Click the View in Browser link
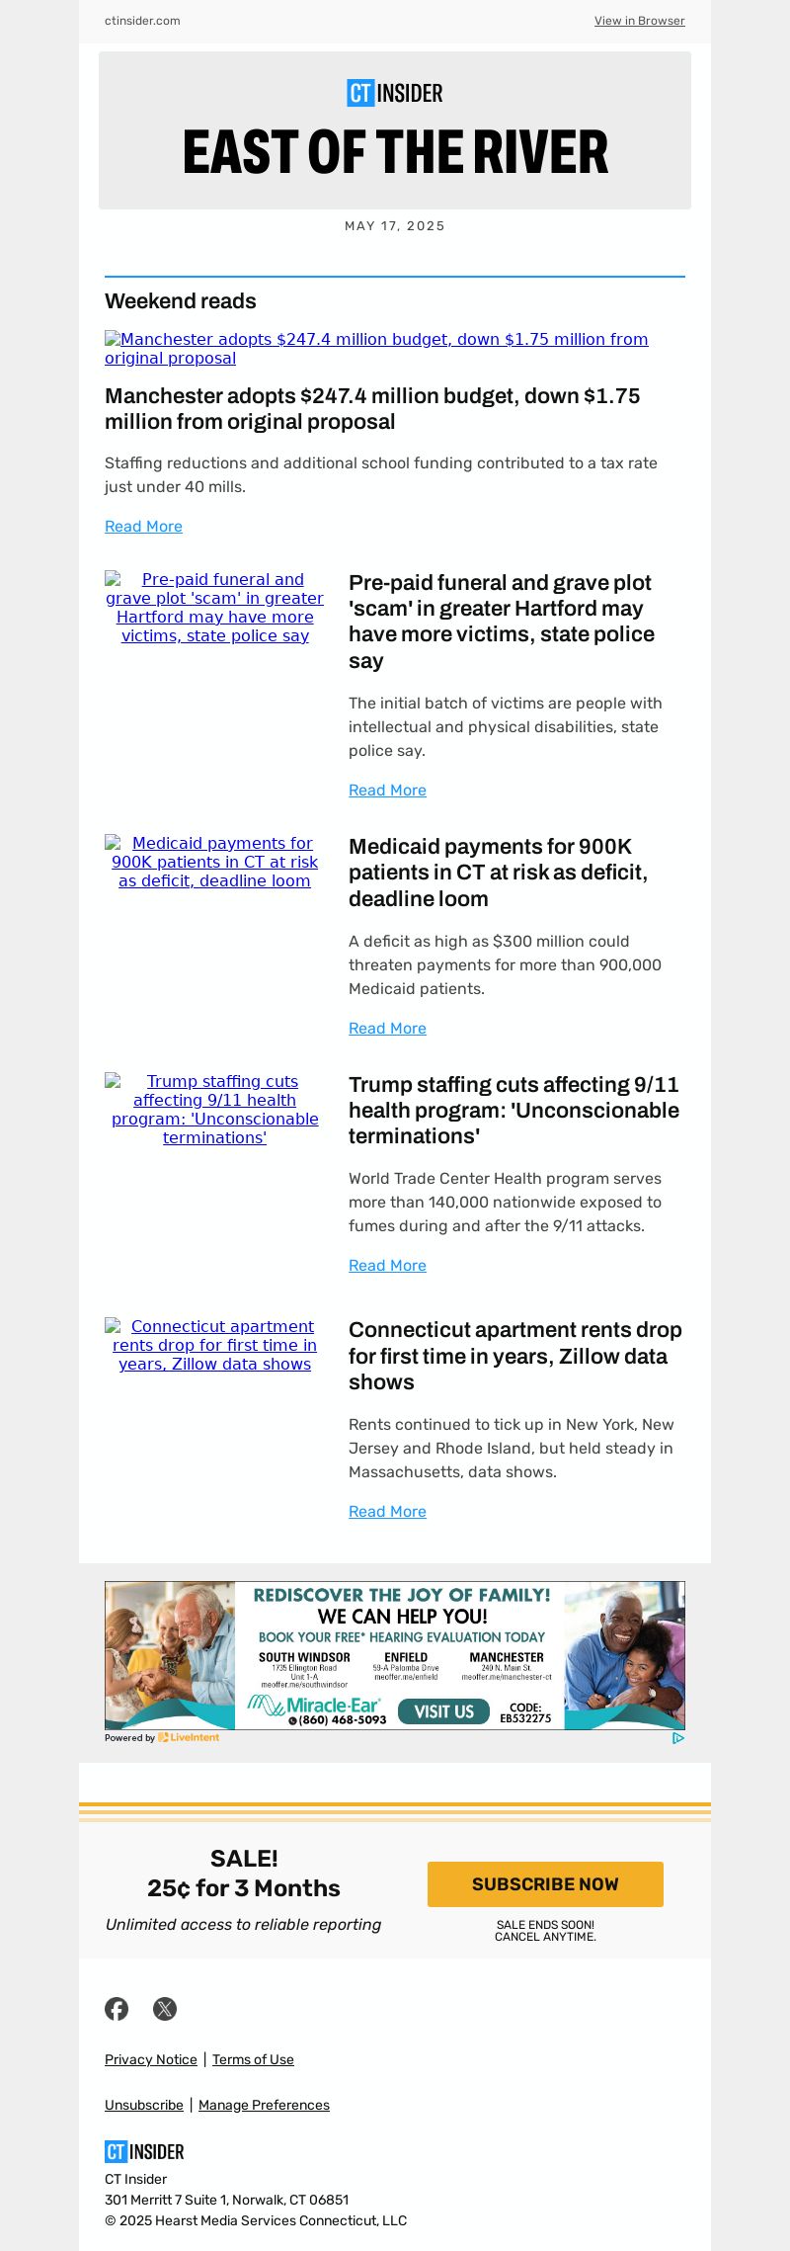(639, 21)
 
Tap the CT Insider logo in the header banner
(395, 93)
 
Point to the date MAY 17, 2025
(395, 226)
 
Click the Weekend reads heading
(181, 301)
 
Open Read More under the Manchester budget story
(143, 527)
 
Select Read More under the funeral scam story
(387, 791)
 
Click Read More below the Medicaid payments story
(387, 1029)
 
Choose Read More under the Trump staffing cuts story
(387, 1266)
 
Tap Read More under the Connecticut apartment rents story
(387, 1512)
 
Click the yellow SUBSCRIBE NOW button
(545, 1884)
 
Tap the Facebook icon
(117, 2009)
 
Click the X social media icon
(165, 2009)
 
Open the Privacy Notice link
(151, 2059)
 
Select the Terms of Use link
(253, 2059)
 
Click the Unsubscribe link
(144, 2105)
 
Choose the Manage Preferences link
(264, 2105)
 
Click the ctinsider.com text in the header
(142, 21)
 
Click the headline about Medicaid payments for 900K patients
(498, 873)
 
